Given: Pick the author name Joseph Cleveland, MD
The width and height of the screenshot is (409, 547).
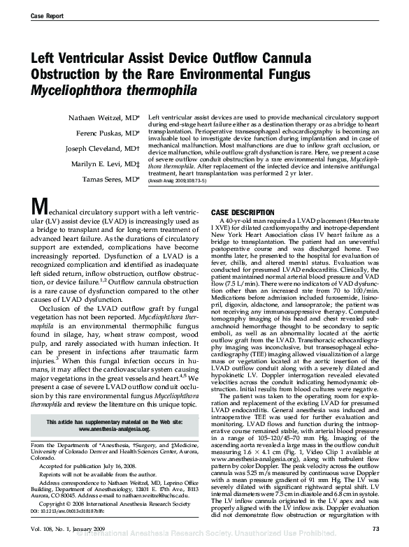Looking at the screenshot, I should tap(101, 149).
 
